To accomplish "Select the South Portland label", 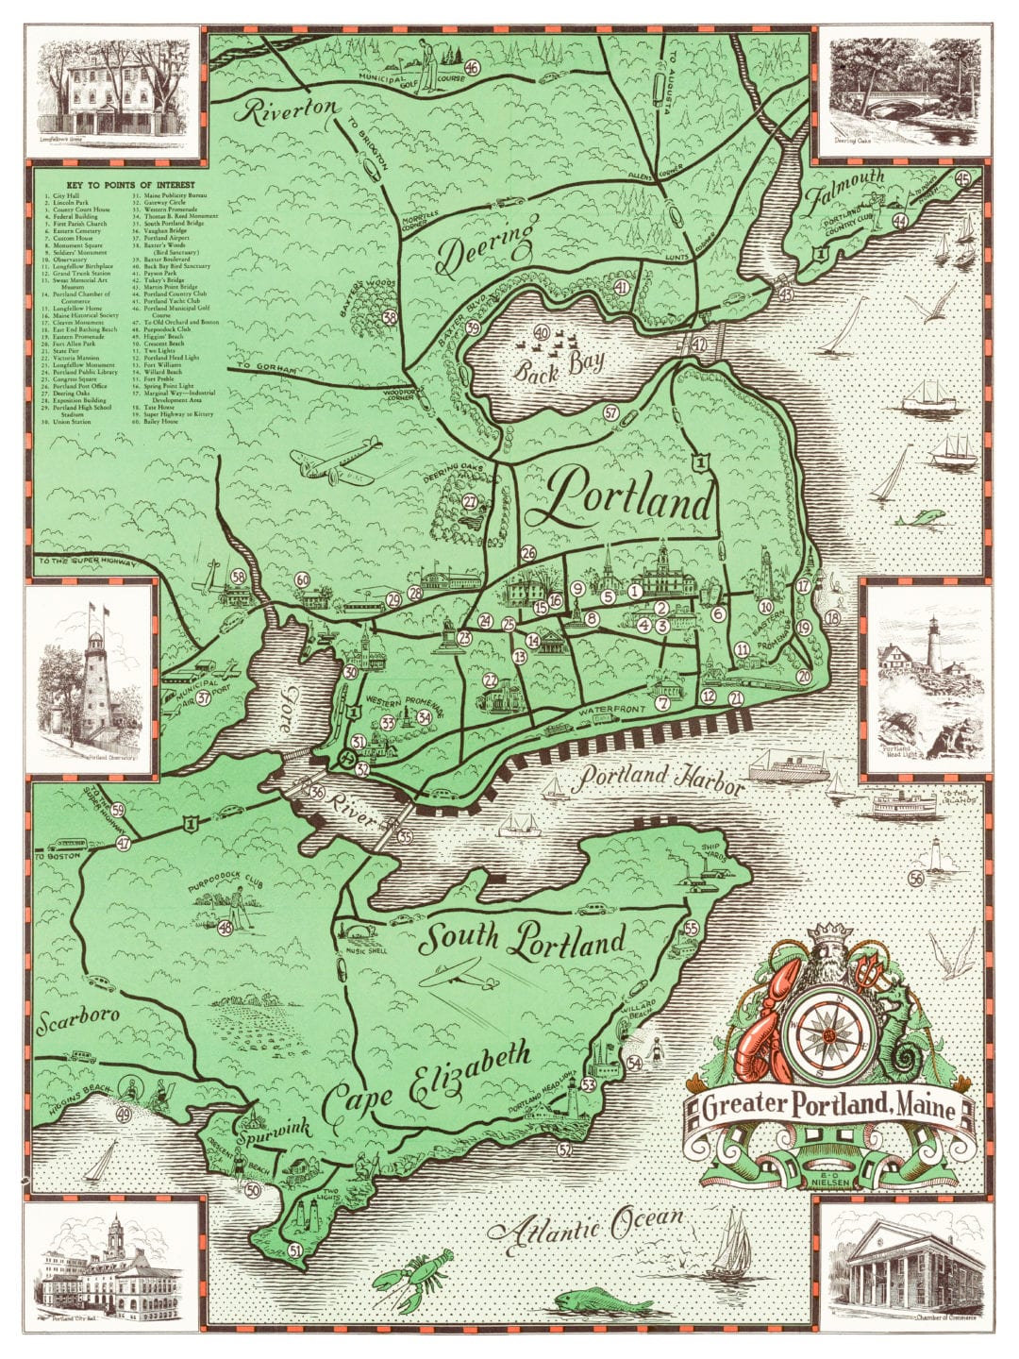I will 523,939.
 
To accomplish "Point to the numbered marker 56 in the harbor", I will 915,879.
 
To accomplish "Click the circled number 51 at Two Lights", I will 295,1251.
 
